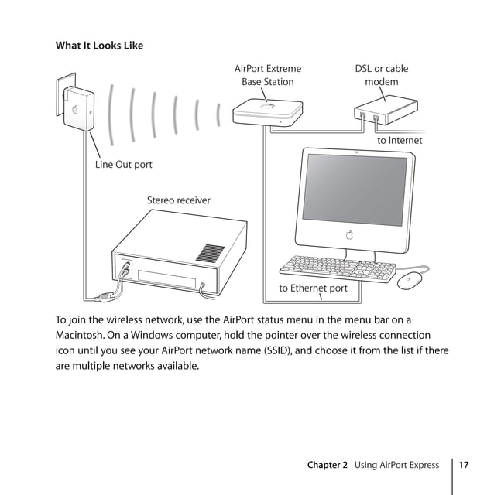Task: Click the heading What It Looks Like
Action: pyautogui.click(x=99, y=46)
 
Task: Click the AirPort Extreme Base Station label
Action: pyautogui.click(x=267, y=75)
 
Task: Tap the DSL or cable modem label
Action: pyautogui.click(x=381, y=75)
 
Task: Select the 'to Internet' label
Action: pyautogui.click(x=400, y=141)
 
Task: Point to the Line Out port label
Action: pyautogui.click(x=123, y=165)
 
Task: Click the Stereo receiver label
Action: pyautogui.click(x=178, y=200)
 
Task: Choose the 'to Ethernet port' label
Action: pyautogui.click(x=313, y=288)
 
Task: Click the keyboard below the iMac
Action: pyautogui.click(x=337, y=267)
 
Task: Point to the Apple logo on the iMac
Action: pyautogui.click(x=350, y=234)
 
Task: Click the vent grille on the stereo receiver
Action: pyautogui.click(x=209, y=253)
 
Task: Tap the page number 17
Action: pyautogui.click(x=464, y=465)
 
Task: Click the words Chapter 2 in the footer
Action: pyautogui.click(x=327, y=465)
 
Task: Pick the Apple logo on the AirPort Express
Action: pyautogui.click(x=76, y=109)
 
